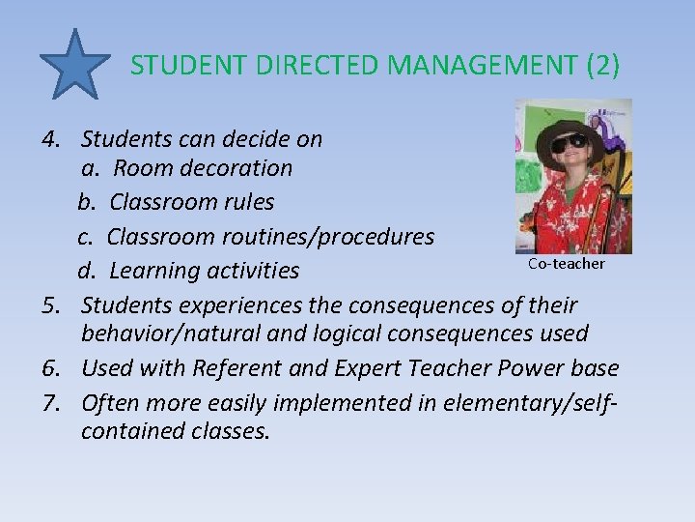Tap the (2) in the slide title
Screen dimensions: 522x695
click(603, 66)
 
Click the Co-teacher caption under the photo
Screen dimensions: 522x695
click(567, 264)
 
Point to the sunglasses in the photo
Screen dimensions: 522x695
click(569, 143)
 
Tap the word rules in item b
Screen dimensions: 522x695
click(248, 202)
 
